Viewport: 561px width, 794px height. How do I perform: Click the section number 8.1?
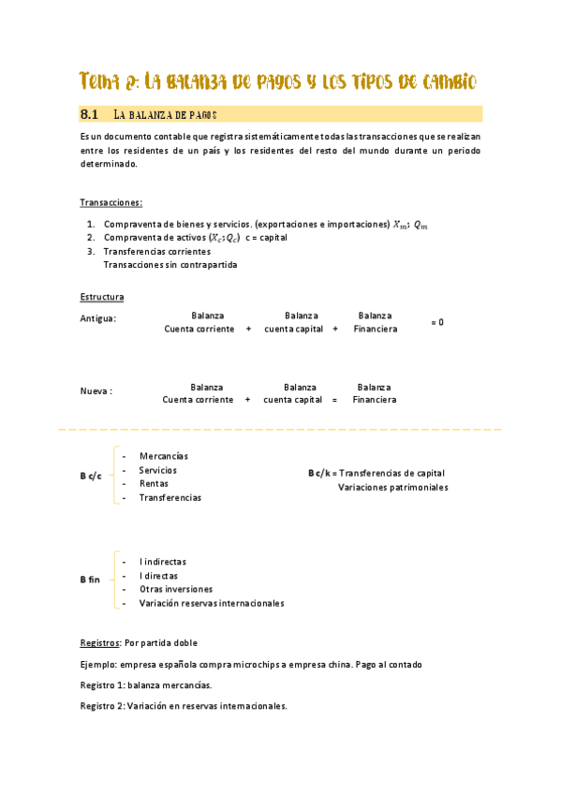(90, 114)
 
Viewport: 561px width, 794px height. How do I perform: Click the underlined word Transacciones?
(111, 202)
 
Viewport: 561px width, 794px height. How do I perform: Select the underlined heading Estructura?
(102, 297)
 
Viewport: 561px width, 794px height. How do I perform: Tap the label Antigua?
(98, 318)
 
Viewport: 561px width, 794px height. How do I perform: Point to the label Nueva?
(96, 391)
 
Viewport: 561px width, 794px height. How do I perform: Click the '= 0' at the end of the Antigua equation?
(436, 322)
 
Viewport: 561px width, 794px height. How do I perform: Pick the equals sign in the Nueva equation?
(334, 400)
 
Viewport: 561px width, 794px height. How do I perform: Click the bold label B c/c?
(91, 477)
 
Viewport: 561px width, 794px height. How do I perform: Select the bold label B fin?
(90, 581)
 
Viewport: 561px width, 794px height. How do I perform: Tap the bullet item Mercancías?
(163, 456)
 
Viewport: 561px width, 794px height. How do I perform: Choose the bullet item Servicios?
(157, 470)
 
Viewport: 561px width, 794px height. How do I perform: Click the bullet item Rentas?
(154, 484)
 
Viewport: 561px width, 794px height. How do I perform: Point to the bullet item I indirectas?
(162, 562)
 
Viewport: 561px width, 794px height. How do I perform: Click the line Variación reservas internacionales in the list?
(211, 604)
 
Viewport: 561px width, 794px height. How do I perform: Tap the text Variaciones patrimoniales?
(392, 488)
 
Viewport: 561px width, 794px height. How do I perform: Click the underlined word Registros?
(99, 643)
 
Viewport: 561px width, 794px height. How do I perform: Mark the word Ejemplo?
(100, 665)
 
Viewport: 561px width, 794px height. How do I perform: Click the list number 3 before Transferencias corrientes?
(90, 252)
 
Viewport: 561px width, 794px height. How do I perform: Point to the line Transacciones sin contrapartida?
(170, 265)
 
